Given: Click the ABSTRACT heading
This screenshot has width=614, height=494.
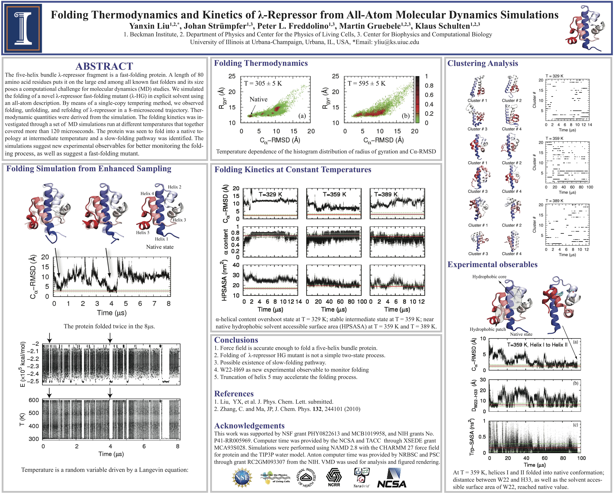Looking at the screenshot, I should pyautogui.click(x=104, y=66).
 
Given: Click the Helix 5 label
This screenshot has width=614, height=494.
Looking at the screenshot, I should pyautogui.click(x=143, y=232).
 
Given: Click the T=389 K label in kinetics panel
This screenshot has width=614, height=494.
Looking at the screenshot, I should pyautogui.click(x=386, y=194).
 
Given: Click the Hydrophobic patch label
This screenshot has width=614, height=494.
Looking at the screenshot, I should pyautogui.click(x=488, y=329).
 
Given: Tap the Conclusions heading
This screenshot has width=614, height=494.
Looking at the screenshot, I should pyautogui.click(x=236, y=340).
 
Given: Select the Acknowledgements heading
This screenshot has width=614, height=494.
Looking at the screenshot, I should pyautogui.click(x=249, y=426).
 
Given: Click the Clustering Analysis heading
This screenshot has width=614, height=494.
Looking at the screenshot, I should pyautogui.click(x=482, y=63).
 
